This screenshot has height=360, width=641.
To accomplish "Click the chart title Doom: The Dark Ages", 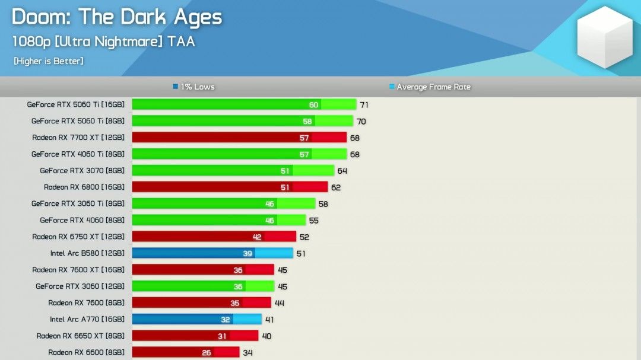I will tap(117, 17).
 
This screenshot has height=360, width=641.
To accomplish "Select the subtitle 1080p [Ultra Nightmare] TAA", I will tap(103, 42).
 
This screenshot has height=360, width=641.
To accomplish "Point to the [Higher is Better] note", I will tap(48, 61).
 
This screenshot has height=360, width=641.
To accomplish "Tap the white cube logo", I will tap(605, 37).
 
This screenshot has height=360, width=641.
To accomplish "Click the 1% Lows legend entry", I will tap(193, 87).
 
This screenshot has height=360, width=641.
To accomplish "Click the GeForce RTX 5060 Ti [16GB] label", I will tap(75, 104).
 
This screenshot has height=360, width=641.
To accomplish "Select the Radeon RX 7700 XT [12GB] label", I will tap(78, 138).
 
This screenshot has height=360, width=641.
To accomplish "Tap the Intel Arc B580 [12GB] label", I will tap(87, 253).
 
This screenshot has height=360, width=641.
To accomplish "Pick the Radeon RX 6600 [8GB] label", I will tap(86, 352).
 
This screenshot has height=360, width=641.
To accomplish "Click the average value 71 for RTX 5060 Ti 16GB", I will tap(364, 105).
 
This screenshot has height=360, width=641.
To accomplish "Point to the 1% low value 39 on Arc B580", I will tap(247, 253).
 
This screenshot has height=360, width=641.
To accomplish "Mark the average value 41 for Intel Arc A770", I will tap(269, 320).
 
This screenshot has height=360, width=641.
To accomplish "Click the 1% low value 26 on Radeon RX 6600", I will tap(206, 353).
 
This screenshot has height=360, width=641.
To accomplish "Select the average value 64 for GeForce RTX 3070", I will tap(342, 171).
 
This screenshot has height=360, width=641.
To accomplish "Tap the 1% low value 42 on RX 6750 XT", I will tap(257, 237).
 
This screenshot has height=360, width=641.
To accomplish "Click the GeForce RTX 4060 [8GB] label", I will tap(82, 220).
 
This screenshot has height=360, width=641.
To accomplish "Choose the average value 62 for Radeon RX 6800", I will tap(335, 187).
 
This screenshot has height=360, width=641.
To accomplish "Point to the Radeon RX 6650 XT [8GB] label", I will tap(80, 336).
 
